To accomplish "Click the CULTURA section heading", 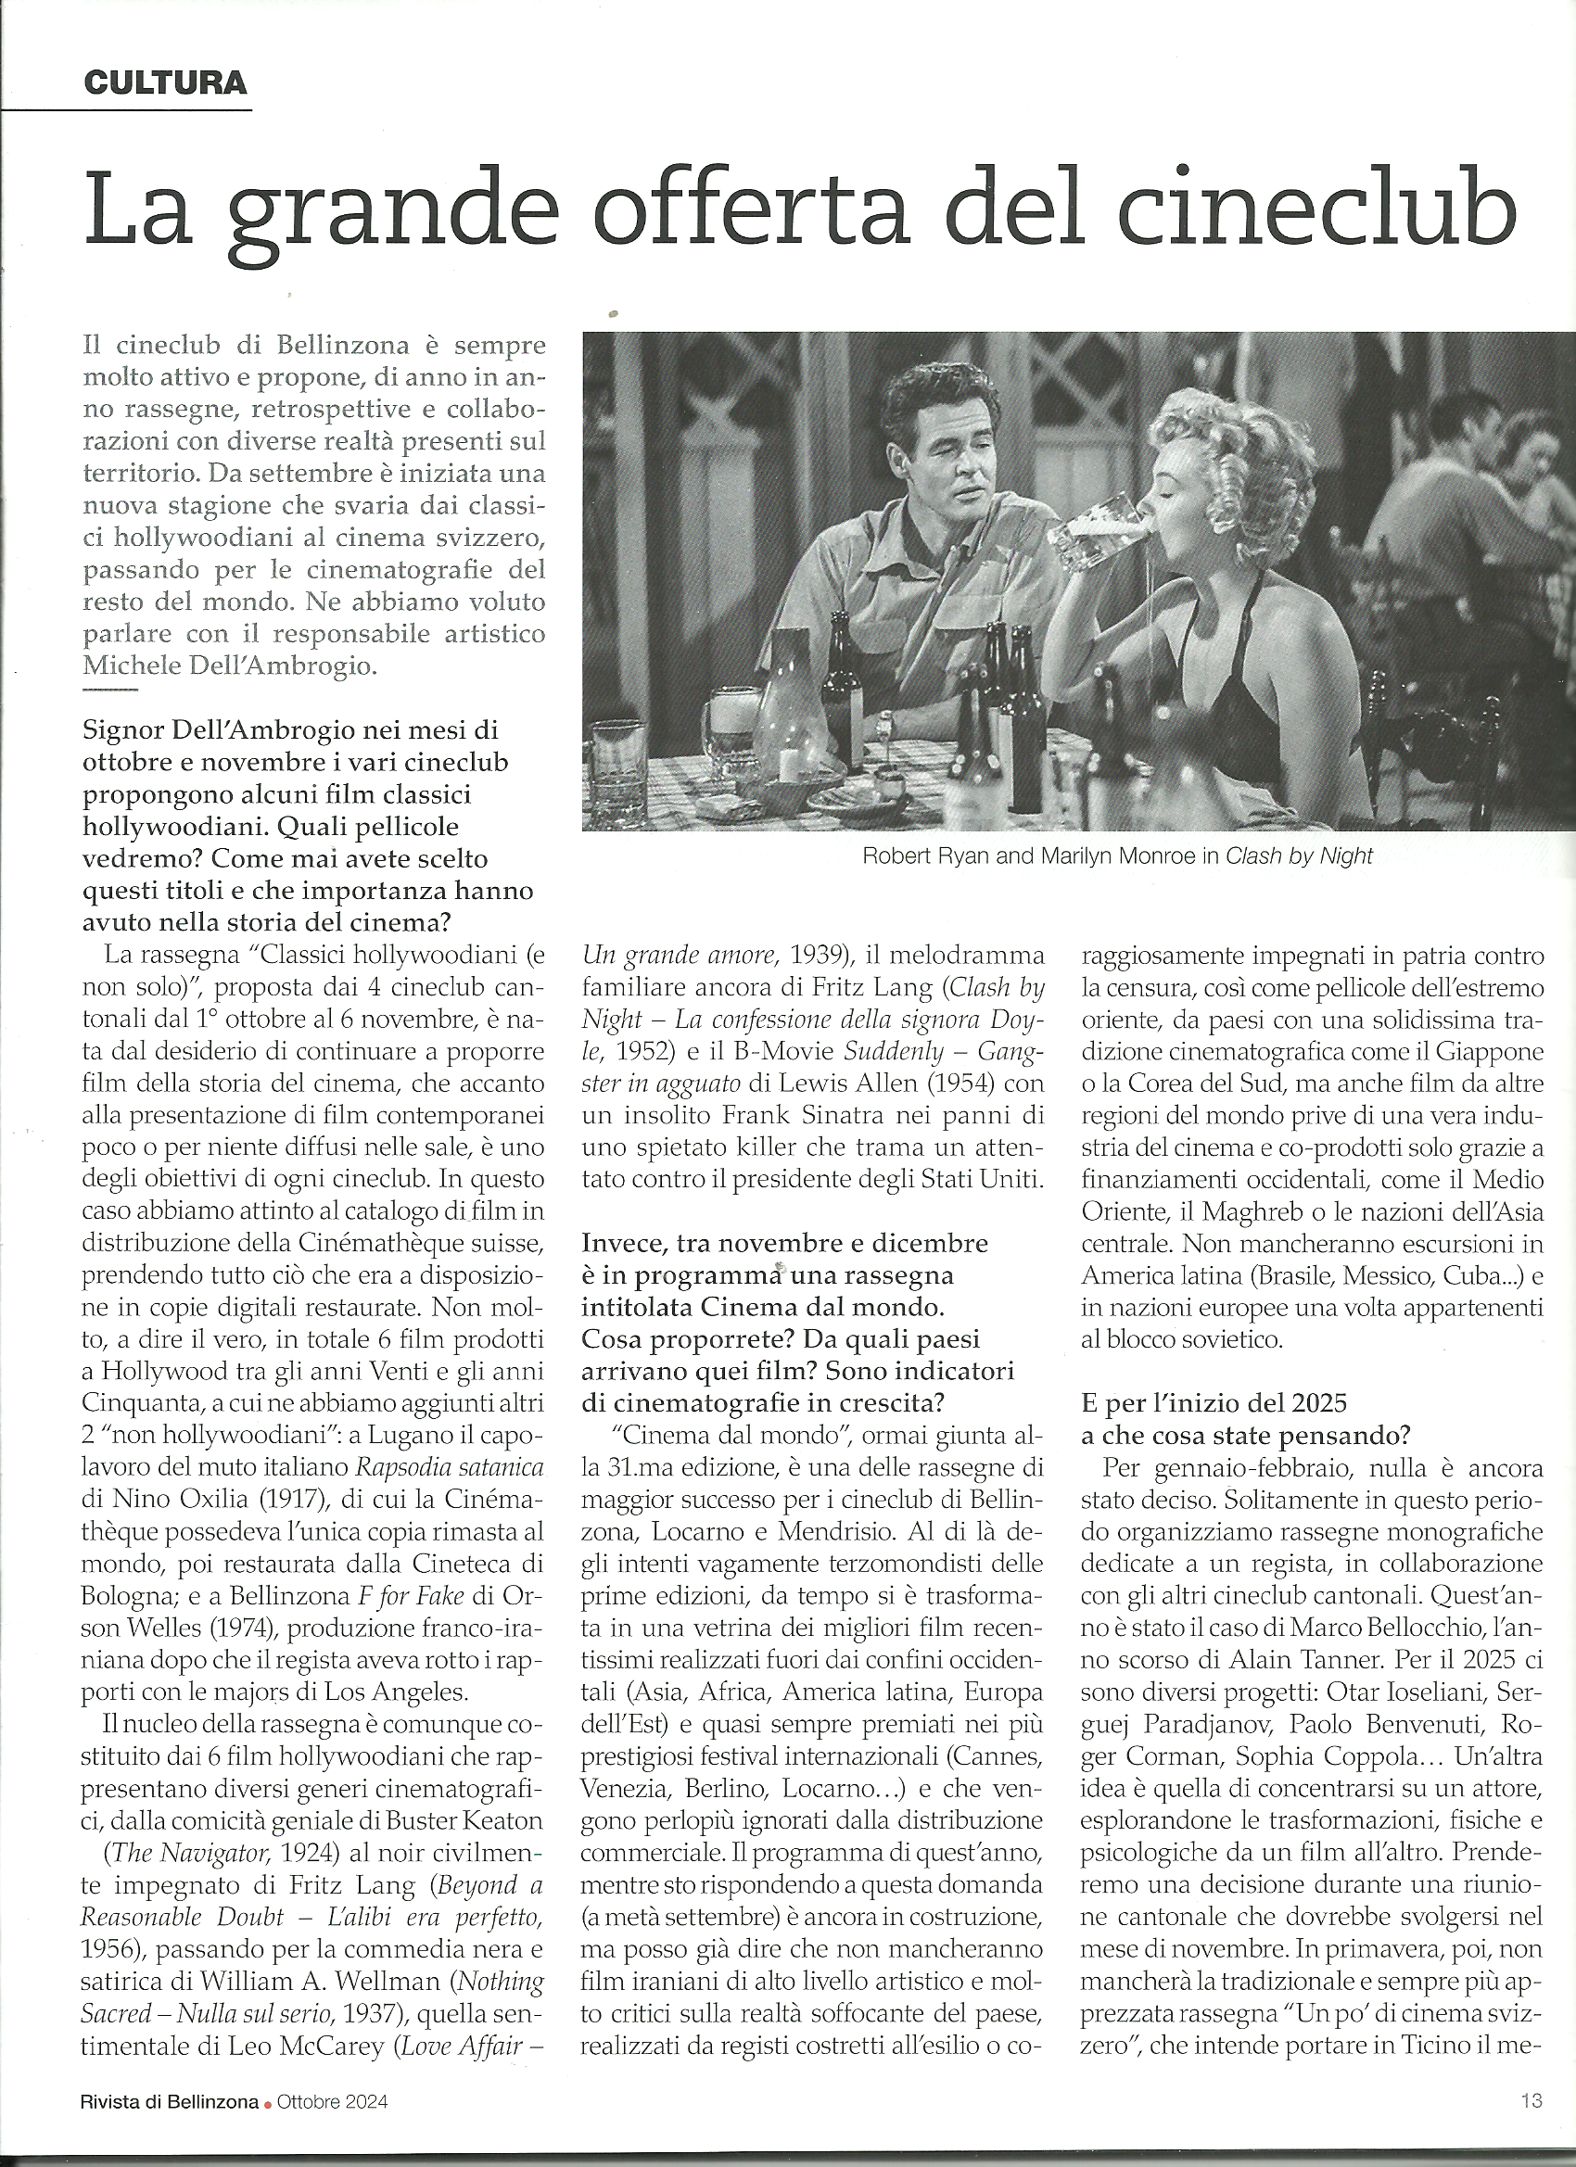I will pos(164,83).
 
